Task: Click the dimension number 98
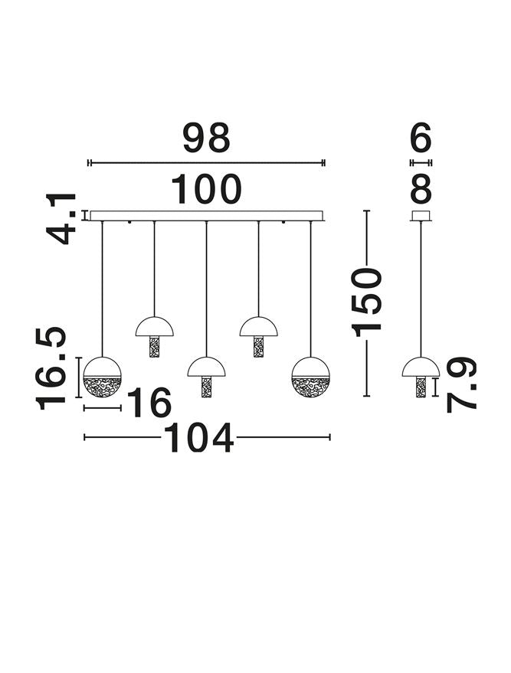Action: [207, 139]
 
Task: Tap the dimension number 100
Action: [206, 189]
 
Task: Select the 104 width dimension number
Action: [198, 438]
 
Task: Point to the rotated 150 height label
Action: [366, 302]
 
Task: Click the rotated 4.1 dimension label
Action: [61, 219]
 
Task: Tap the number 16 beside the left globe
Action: [149, 403]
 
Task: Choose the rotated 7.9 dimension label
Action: [461, 384]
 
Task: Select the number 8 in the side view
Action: [421, 189]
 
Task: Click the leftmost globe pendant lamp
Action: [102, 377]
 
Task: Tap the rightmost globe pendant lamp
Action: [310, 377]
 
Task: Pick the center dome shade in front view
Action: [206, 368]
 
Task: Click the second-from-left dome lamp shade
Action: [155, 327]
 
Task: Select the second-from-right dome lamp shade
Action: [258, 327]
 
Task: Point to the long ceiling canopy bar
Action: [206, 215]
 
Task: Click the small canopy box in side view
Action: [421, 215]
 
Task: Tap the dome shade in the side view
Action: [421, 368]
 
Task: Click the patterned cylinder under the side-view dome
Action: [421, 387]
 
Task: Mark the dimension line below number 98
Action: [206, 162]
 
